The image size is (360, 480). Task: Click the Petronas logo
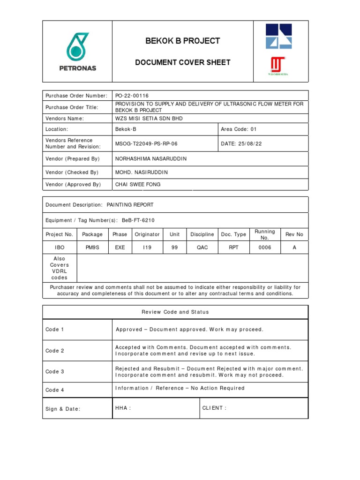point(77,52)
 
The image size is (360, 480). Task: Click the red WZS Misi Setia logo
point(278,66)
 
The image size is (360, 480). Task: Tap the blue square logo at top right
point(278,37)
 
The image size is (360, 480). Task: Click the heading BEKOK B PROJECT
point(182,41)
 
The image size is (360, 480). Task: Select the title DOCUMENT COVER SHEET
point(182,62)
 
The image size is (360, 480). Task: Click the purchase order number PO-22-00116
point(132,96)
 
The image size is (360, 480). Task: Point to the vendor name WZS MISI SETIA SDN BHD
point(149,119)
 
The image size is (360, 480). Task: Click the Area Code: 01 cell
point(239,129)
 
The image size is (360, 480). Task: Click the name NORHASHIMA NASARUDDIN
point(150,159)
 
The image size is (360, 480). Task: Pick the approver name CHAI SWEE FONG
point(138,185)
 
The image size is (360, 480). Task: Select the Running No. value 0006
point(264,247)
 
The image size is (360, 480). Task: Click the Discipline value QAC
point(202,247)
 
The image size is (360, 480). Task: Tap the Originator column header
point(147,234)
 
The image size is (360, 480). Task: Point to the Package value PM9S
point(92,247)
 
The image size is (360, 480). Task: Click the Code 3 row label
point(55,372)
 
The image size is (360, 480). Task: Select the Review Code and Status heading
point(175,312)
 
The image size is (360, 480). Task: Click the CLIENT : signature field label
point(214,408)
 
